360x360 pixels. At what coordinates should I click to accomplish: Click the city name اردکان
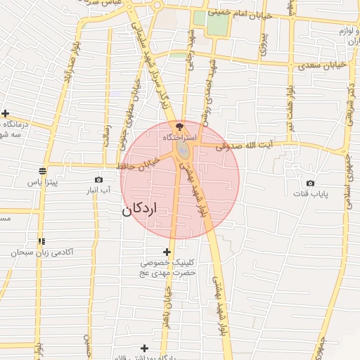pos(140,210)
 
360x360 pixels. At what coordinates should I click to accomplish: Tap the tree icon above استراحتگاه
pos(179,127)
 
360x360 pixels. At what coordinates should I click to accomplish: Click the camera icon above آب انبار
pos(98,179)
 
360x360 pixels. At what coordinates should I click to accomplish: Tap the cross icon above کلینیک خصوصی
pos(167,251)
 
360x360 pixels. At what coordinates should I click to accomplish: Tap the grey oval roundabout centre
pos(183,151)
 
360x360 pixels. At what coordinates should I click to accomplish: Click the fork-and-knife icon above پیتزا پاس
pos(42,171)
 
